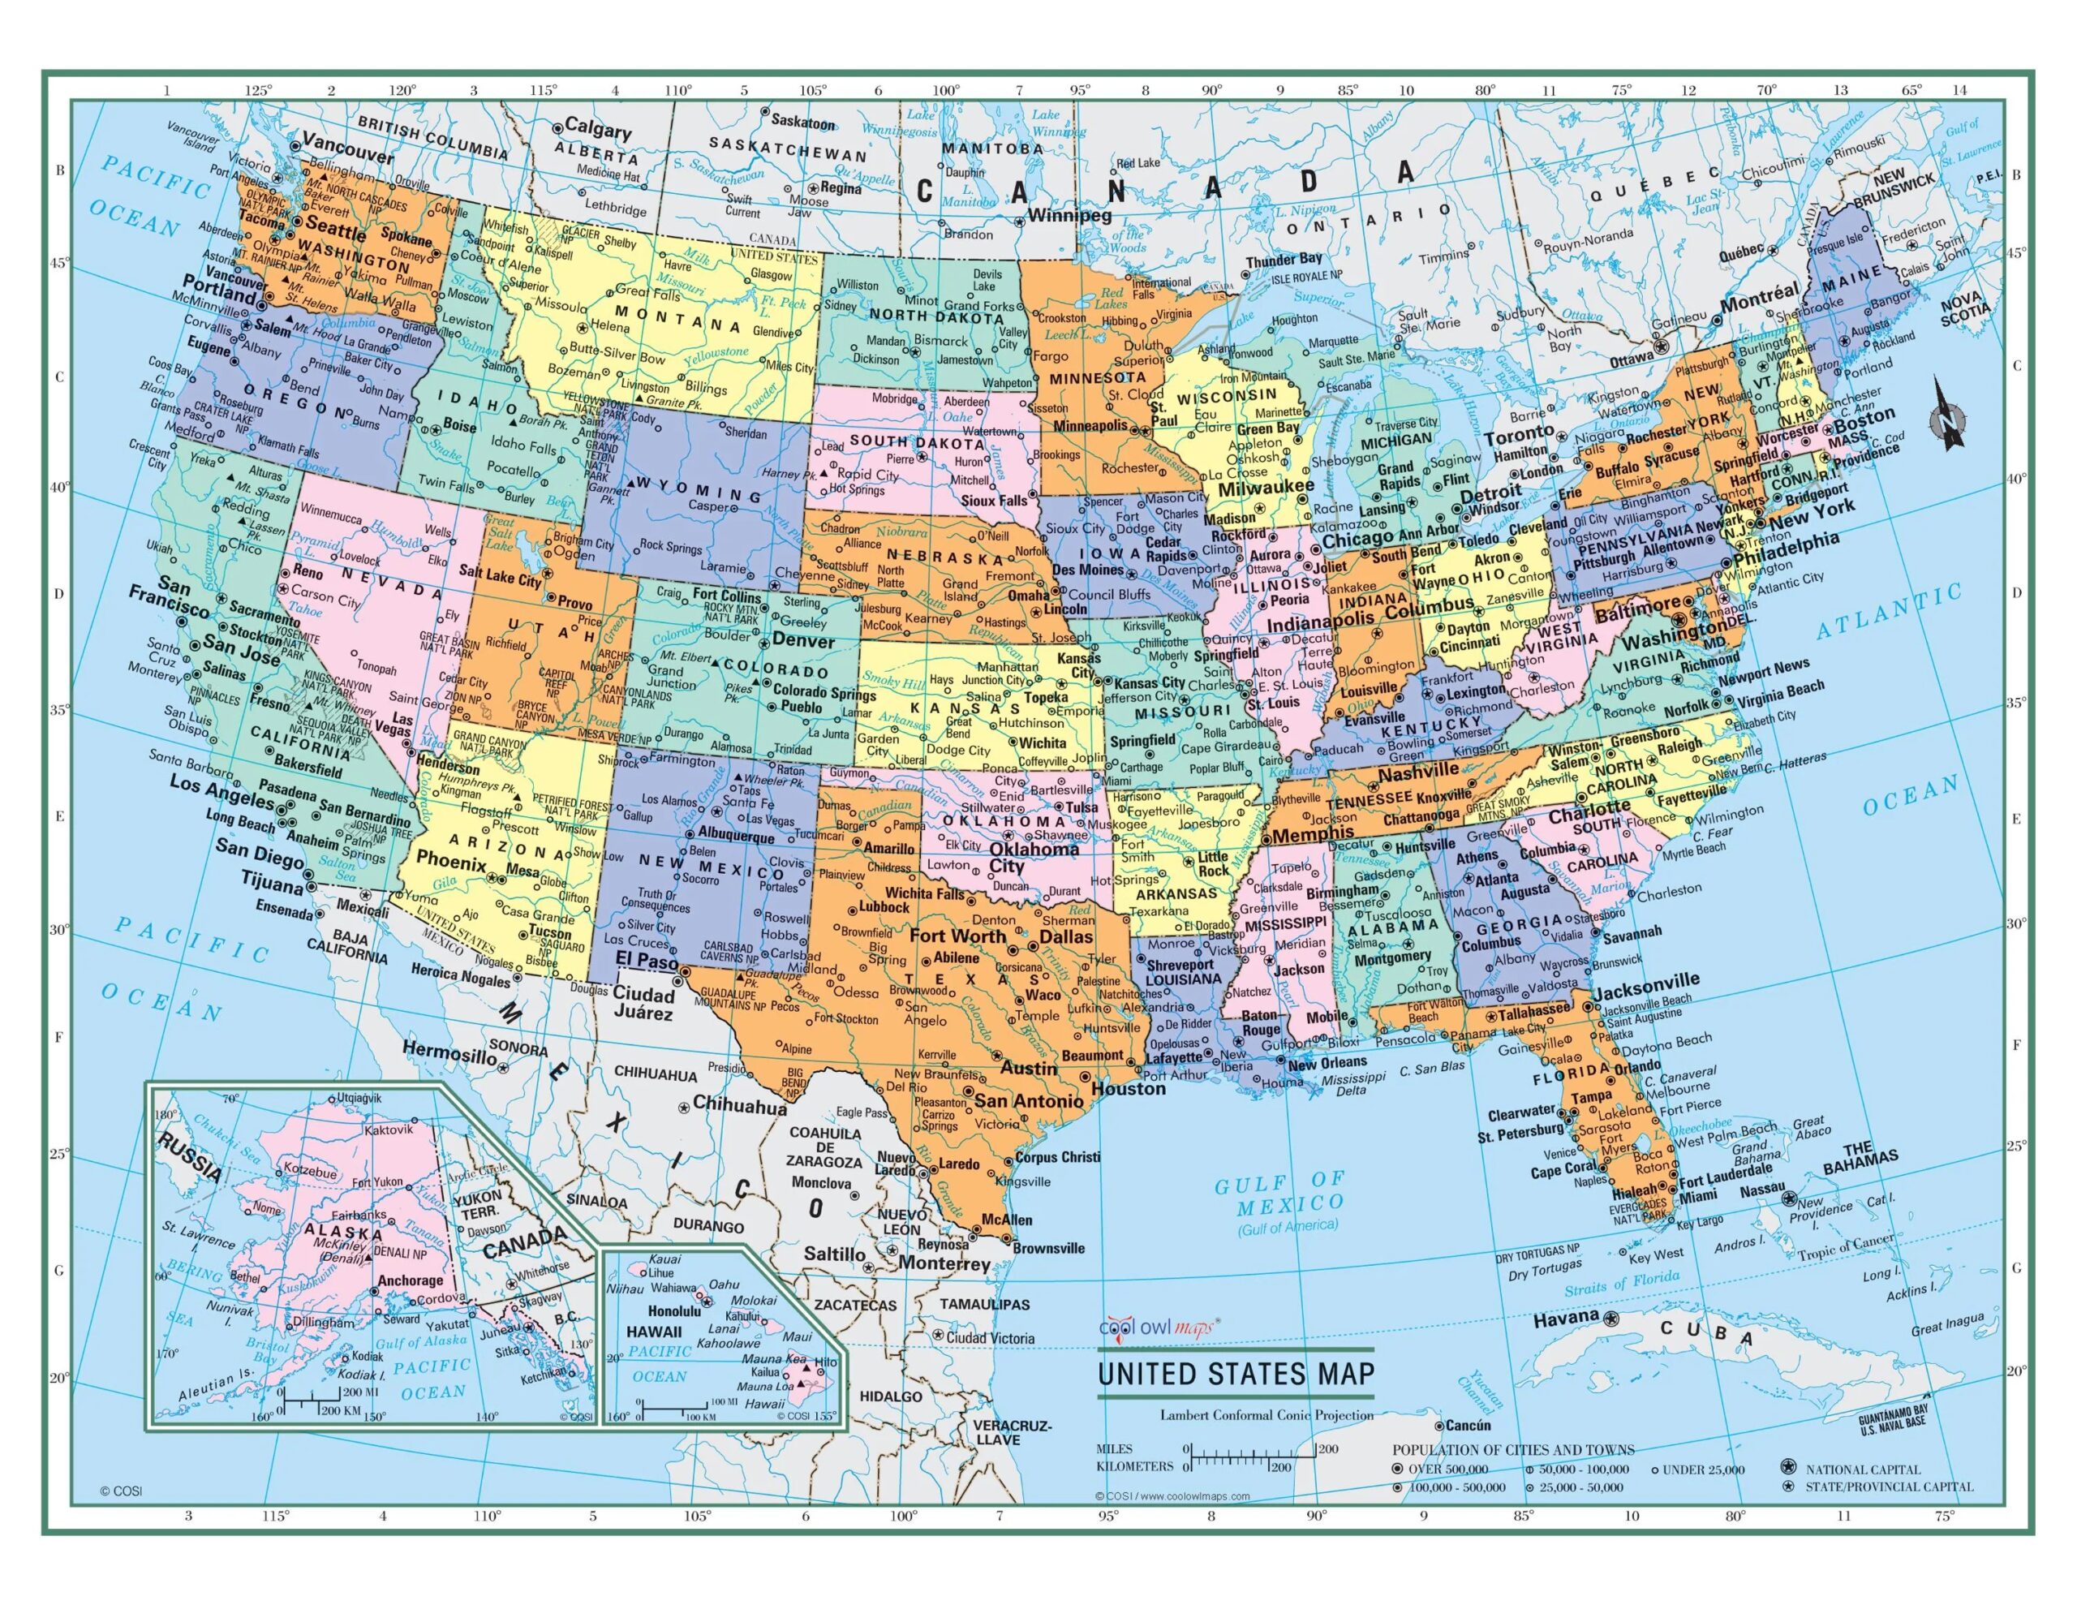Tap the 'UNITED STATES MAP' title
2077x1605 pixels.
coord(1236,1374)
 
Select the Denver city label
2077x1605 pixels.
coord(802,641)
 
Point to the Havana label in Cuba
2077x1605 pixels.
coord(1565,1318)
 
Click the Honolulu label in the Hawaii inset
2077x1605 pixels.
coord(647,1311)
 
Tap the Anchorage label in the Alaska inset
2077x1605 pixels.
coord(411,1280)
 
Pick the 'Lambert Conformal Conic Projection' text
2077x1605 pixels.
coord(1266,1415)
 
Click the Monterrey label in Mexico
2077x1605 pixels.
coord(944,1264)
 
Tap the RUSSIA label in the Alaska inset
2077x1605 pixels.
coord(190,1157)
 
